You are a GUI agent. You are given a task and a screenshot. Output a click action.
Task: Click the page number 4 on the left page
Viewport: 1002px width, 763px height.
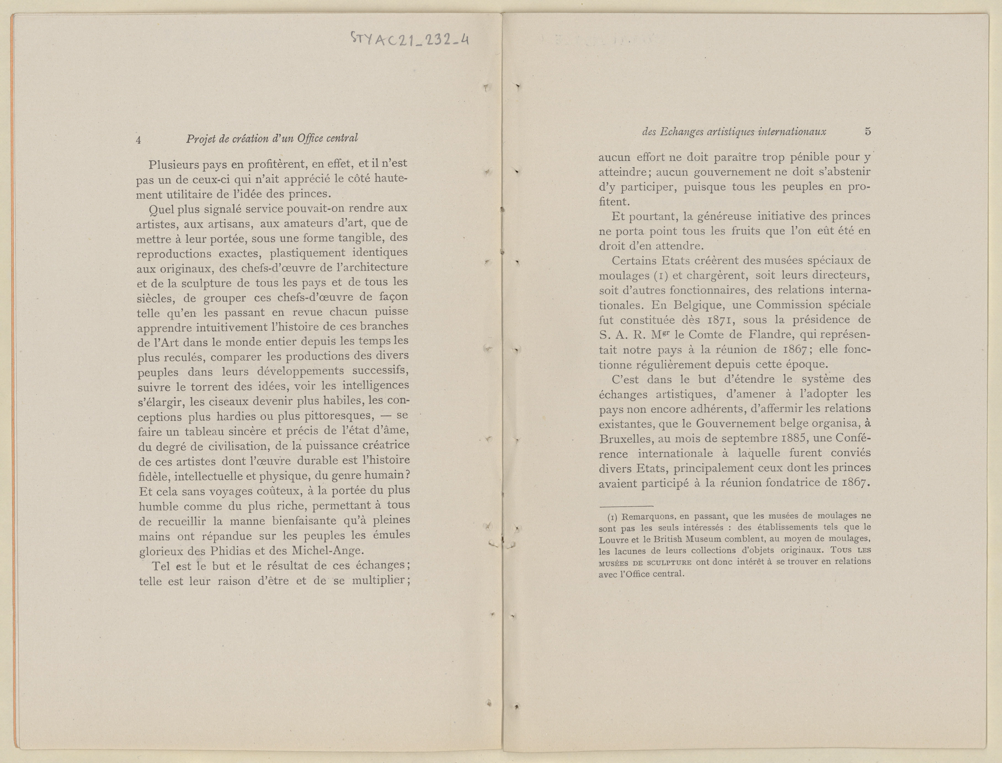click(x=138, y=140)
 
